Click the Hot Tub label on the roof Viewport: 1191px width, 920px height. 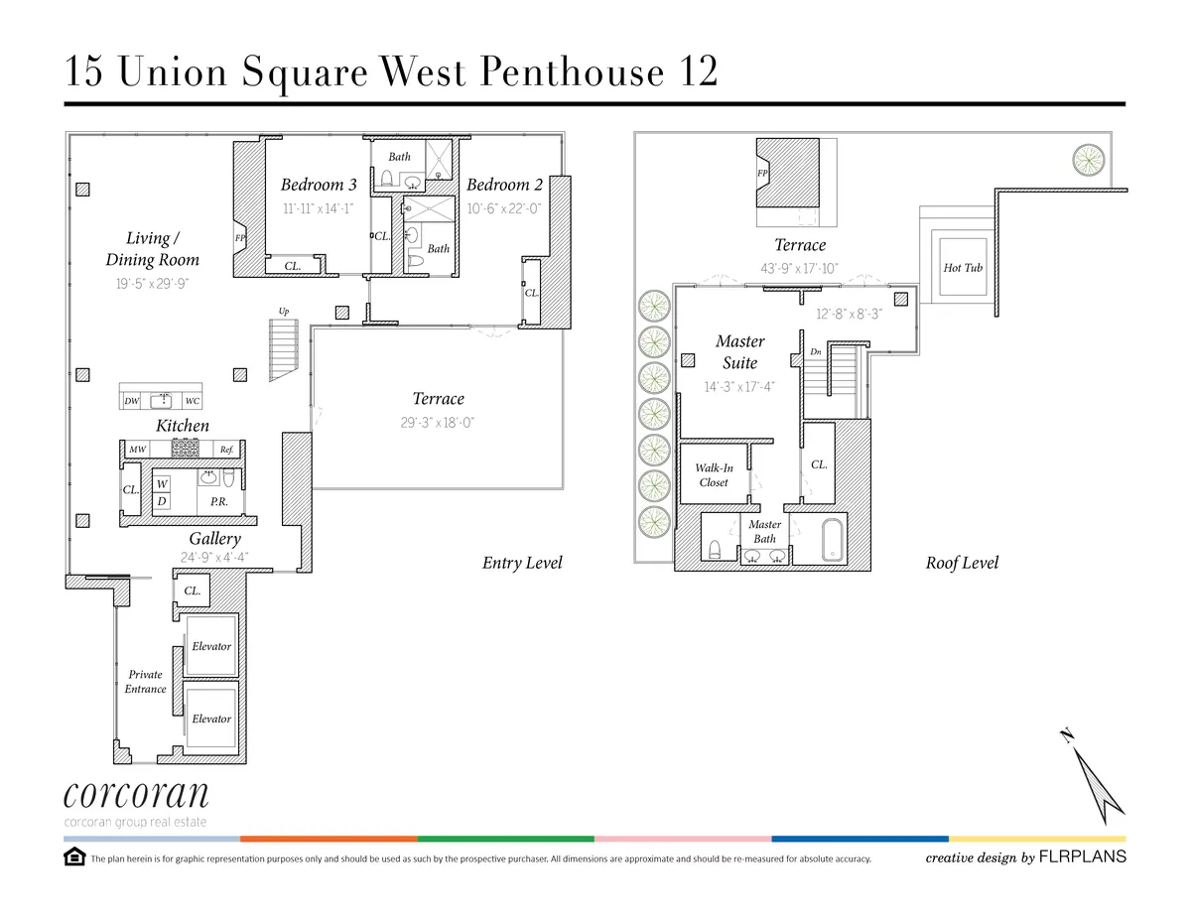pos(963,268)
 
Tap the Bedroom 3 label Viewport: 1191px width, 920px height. pos(319,185)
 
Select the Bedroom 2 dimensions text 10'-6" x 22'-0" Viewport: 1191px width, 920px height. pos(504,209)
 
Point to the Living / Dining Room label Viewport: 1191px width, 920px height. pos(153,249)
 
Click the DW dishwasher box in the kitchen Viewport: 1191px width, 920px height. pos(132,402)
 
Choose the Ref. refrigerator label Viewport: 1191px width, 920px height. pos(226,450)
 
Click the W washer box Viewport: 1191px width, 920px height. pos(162,483)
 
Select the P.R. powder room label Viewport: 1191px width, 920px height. pos(219,502)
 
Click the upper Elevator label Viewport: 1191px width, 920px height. pos(211,646)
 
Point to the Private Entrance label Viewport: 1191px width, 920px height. pos(145,682)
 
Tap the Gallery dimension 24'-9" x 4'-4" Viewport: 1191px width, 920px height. pos(214,558)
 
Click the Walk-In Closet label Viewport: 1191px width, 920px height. pos(714,475)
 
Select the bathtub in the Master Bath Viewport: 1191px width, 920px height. pos(832,540)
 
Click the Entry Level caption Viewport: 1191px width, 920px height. pos(522,563)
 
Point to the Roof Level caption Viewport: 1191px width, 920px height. pos(962,563)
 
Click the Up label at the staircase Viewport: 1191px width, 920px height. pos(284,311)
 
